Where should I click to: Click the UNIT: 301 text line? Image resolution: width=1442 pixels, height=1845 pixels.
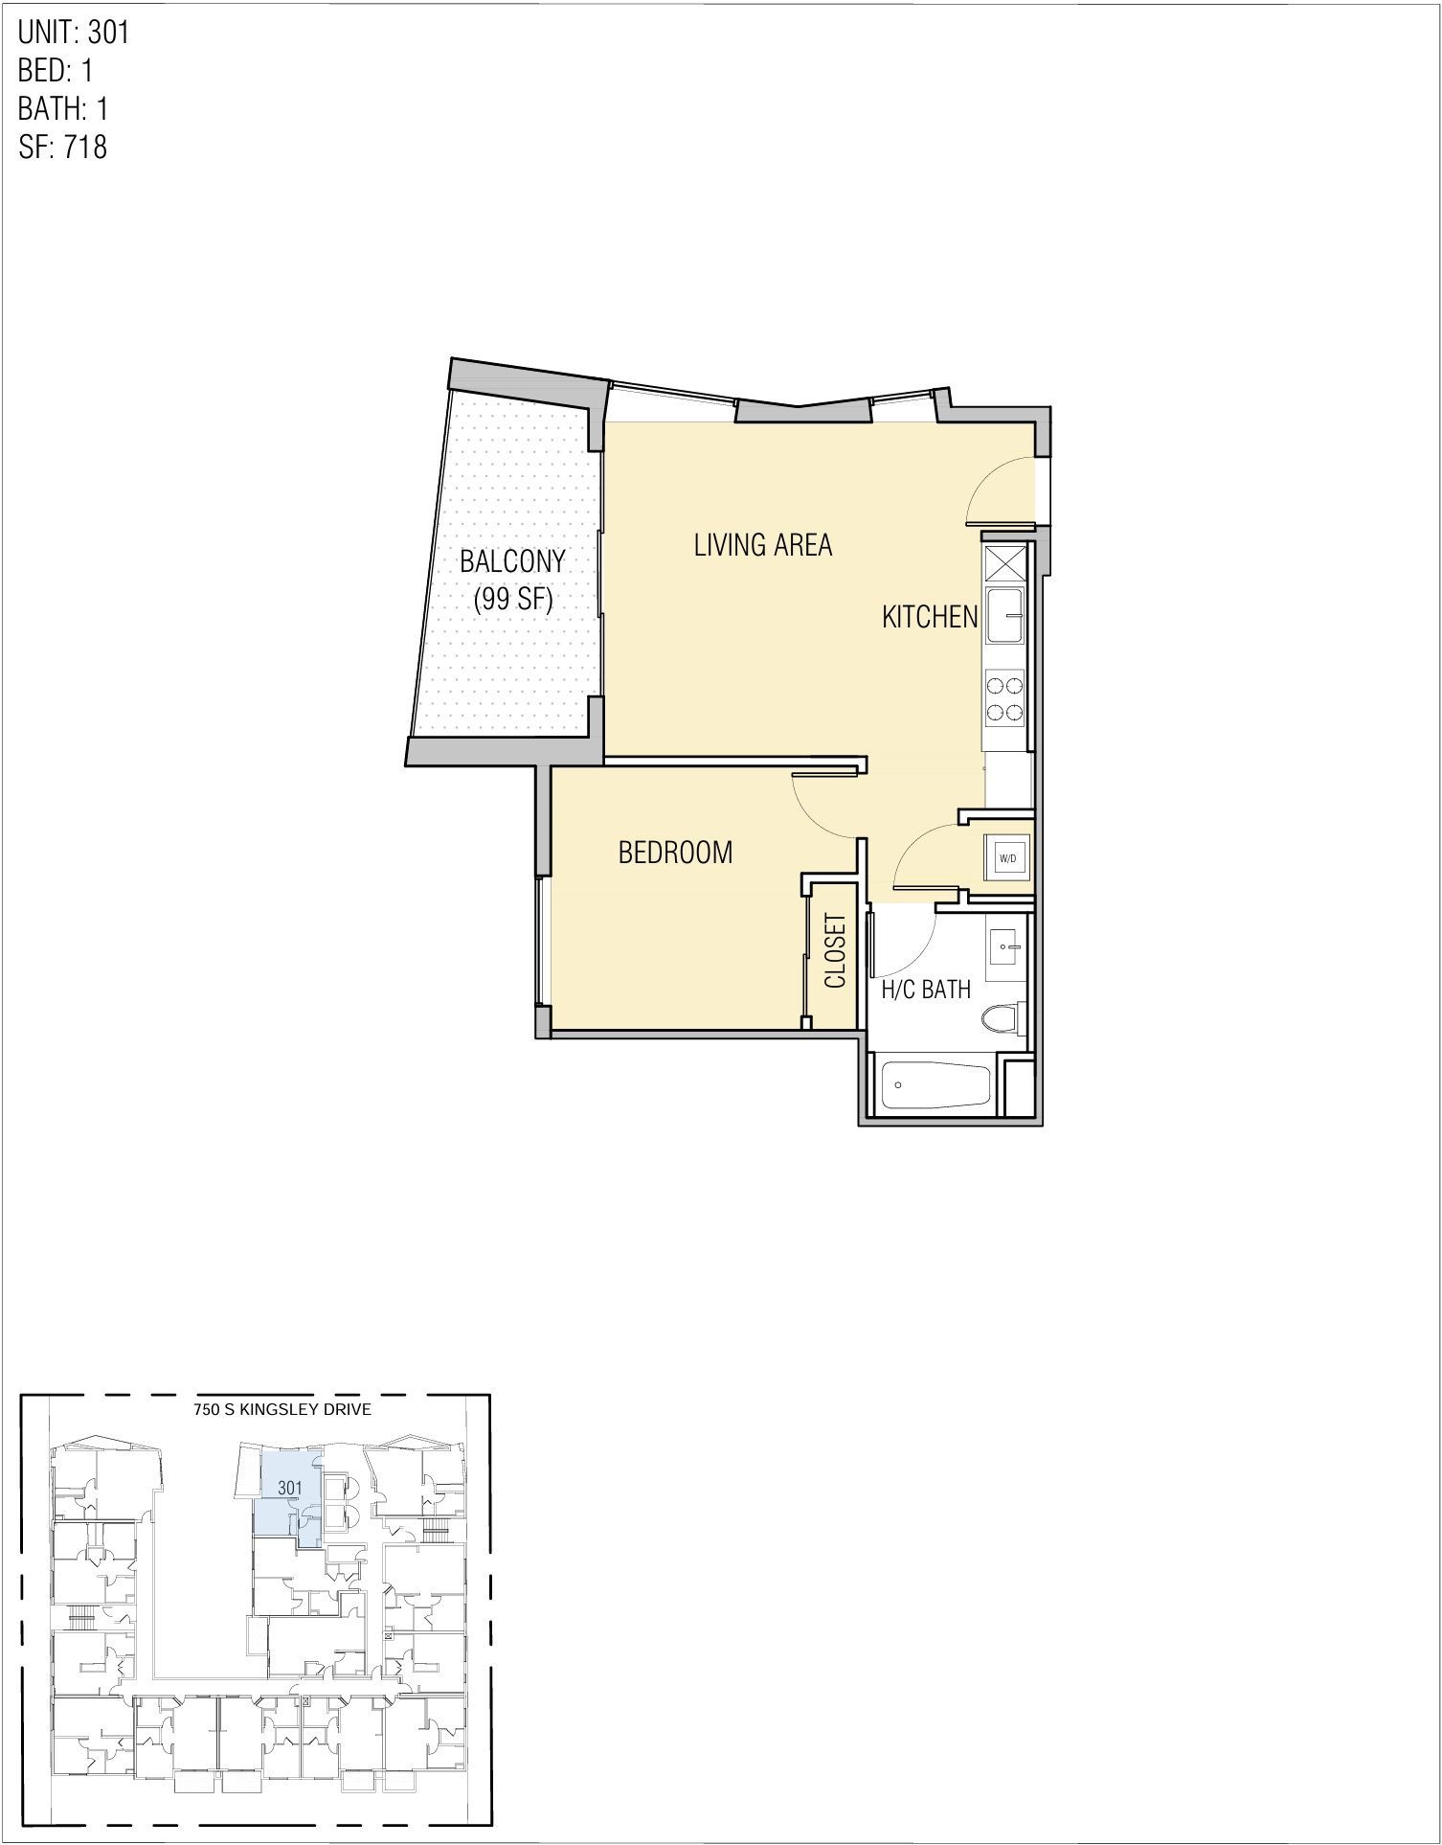(x=74, y=33)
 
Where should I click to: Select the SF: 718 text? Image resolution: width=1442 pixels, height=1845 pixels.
(x=62, y=147)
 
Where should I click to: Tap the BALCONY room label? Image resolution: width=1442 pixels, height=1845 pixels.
(x=512, y=561)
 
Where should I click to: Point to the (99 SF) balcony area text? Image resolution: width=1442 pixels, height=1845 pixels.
(x=513, y=600)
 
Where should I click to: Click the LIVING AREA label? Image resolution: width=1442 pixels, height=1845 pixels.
(x=762, y=545)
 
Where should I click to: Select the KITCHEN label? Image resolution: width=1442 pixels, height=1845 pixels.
(x=929, y=617)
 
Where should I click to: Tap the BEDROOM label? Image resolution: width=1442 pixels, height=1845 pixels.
(x=675, y=852)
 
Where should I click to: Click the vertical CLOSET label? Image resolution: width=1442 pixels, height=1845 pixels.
(x=835, y=950)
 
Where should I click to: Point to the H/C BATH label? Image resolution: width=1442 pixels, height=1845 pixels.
(x=925, y=990)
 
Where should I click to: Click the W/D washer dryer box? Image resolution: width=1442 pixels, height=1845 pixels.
(x=1007, y=858)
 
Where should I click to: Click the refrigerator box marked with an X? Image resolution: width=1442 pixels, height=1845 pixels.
(x=1004, y=563)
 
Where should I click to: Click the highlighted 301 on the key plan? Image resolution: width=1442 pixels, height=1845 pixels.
(x=289, y=1488)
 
